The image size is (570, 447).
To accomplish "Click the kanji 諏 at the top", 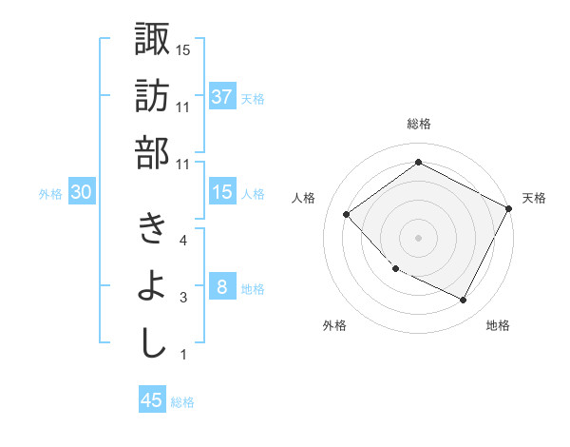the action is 151,40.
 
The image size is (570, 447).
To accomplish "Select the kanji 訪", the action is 151,97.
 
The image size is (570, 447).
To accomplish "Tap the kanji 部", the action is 151,153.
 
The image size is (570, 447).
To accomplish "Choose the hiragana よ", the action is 151,287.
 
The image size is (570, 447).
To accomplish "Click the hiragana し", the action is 151,344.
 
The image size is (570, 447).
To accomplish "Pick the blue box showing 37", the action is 221,97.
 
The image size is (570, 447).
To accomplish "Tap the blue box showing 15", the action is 221,192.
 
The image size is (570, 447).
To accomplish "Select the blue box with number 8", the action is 221,287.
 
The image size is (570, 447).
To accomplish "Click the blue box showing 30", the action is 82,192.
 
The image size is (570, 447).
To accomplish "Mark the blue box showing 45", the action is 152,400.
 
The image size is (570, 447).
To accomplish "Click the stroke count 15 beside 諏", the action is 183,49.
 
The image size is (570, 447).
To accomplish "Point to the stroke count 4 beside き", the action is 183,240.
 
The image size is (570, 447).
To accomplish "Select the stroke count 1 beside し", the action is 183,355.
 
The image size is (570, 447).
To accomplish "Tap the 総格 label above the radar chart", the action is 419,124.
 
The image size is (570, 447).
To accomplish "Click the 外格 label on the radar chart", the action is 334,325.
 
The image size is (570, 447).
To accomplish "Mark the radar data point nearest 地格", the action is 463,301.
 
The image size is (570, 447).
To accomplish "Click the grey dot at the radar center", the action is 418,237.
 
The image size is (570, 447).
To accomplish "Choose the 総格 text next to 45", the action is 182,401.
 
